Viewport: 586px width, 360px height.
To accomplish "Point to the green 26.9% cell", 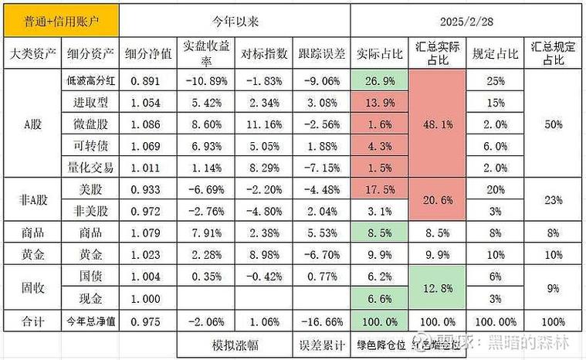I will click(x=378, y=80).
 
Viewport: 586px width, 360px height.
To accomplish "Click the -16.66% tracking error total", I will click(x=321, y=320).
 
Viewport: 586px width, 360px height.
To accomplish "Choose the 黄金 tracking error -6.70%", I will click(x=321, y=253).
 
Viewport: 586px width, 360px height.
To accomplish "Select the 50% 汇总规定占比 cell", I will click(x=554, y=123).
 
